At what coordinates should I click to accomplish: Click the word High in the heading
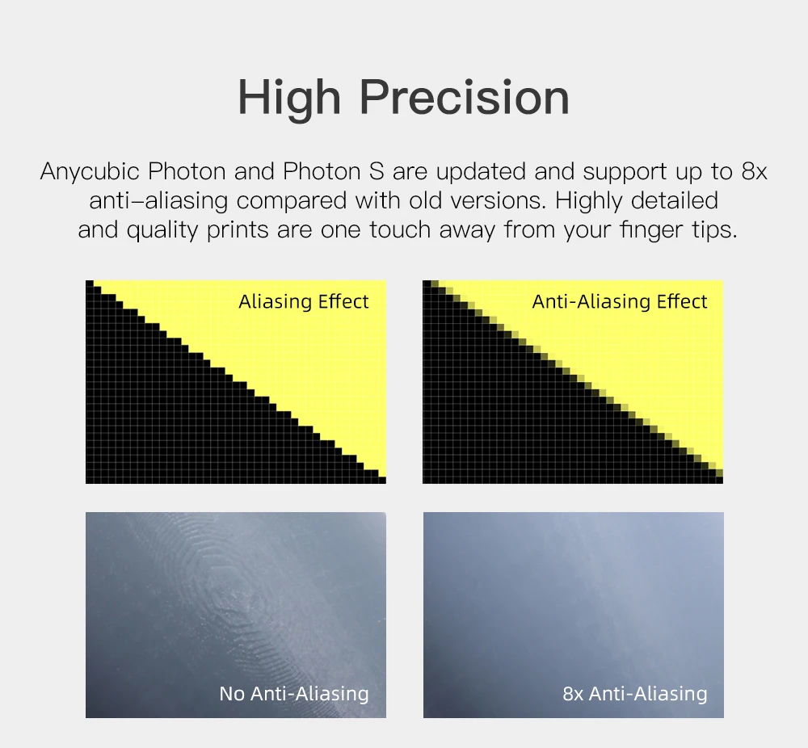pyautogui.click(x=289, y=99)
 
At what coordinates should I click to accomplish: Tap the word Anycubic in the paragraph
pyautogui.click(x=90, y=172)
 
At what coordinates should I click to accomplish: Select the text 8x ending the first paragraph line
pyautogui.click(x=754, y=171)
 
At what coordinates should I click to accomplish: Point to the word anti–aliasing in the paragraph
pyautogui.click(x=158, y=201)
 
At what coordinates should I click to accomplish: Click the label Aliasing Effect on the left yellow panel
pyautogui.click(x=304, y=301)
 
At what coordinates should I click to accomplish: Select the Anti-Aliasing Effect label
pyautogui.click(x=620, y=301)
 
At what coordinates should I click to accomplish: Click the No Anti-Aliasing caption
pyautogui.click(x=294, y=693)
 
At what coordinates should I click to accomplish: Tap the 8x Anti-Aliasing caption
pyautogui.click(x=635, y=693)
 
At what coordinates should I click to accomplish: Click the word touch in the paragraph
pyautogui.click(x=400, y=229)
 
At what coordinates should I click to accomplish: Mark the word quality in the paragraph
pyautogui.click(x=162, y=229)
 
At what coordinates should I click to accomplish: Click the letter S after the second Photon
pyautogui.click(x=377, y=171)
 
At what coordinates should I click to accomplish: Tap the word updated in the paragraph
pyautogui.click(x=482, y=172)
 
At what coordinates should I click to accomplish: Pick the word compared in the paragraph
pyautogui.click(x=292, y=201)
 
